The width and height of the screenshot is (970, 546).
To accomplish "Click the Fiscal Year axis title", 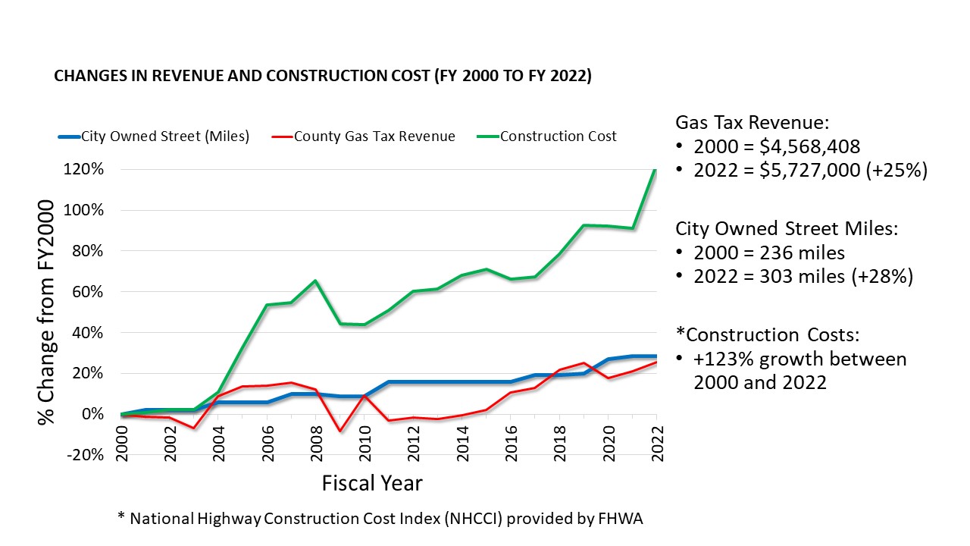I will tap(372, 483).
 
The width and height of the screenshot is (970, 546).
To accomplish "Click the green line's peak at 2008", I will tap(315, 281).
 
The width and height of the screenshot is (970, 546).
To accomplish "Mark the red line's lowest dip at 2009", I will tap(339, 431).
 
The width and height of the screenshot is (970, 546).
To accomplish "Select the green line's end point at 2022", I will tap(656, 170).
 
